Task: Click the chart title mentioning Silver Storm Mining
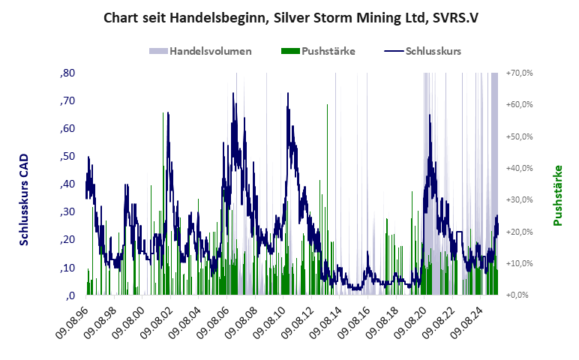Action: (289, 17)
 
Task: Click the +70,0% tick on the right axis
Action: (519, 73)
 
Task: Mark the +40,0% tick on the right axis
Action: (519, 168)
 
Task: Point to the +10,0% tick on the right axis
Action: (519, 263)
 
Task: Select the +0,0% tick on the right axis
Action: (520, 295)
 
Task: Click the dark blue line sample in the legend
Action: (393, 52)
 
